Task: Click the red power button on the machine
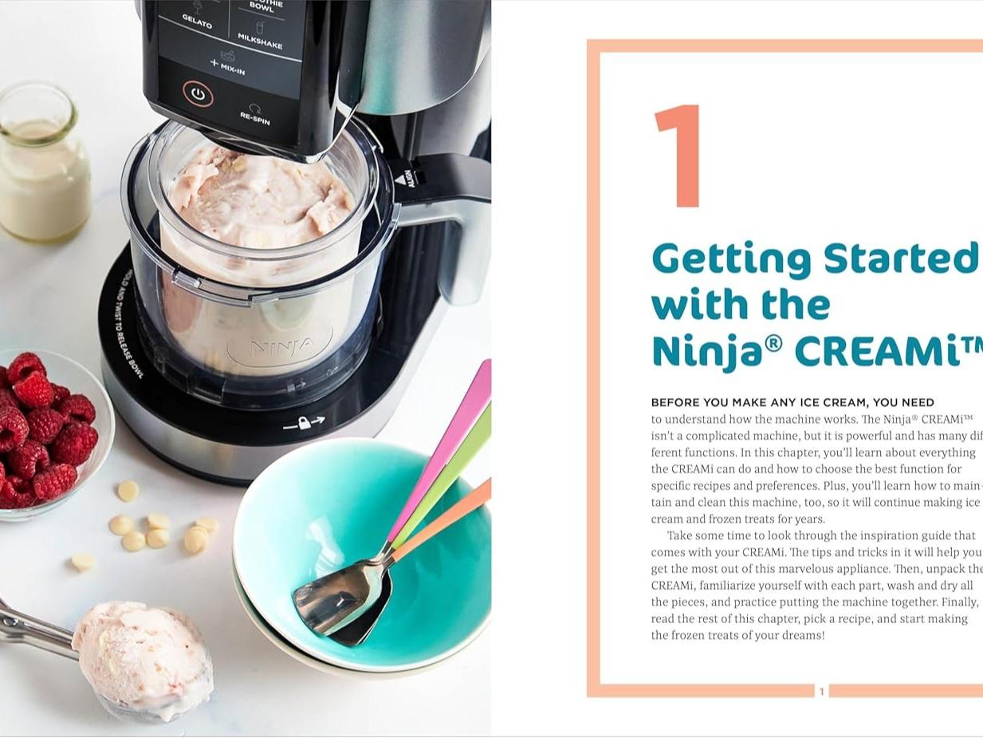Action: (198, 94)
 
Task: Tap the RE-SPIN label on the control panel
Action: (255, 116)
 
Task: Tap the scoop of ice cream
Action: (144, 658)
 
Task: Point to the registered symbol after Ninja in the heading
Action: (773, 344)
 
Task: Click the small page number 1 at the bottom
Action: (822, 692)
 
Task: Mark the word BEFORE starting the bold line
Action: (672, 402)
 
